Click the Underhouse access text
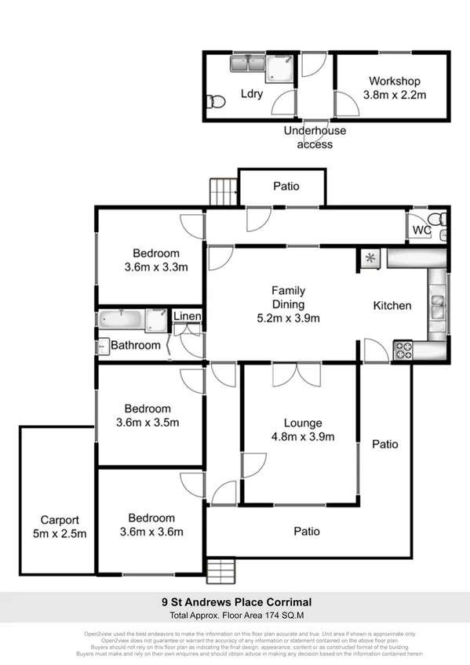click(x=315, y=137)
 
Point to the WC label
click(x=421, y=231)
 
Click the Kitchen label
click(x=392, y=305)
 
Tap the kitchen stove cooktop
click(x=403, y=350)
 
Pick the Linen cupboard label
click(x=188, y=316)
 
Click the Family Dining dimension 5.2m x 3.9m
click(x=288, y=318)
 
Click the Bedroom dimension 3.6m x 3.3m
click(x=155, y=267)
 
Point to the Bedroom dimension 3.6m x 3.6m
click(x=151, y=532)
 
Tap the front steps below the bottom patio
click(x=222, y=568)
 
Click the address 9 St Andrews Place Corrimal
click(x=236, y=602)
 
